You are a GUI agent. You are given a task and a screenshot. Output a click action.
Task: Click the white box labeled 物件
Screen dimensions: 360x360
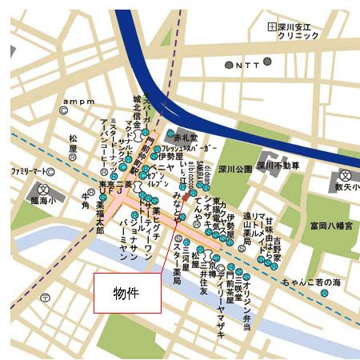(126, 293)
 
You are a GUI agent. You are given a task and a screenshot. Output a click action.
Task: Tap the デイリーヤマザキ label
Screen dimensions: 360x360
(221, 311)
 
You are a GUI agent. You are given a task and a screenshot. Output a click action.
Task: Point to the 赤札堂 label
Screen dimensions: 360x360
(185, 137)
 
